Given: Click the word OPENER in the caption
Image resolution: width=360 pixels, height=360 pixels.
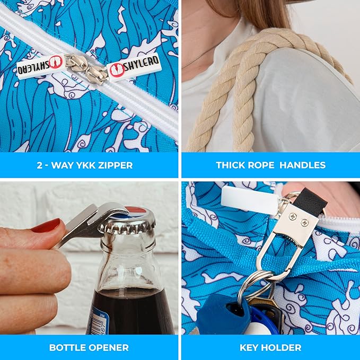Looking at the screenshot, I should pos(110,348).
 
